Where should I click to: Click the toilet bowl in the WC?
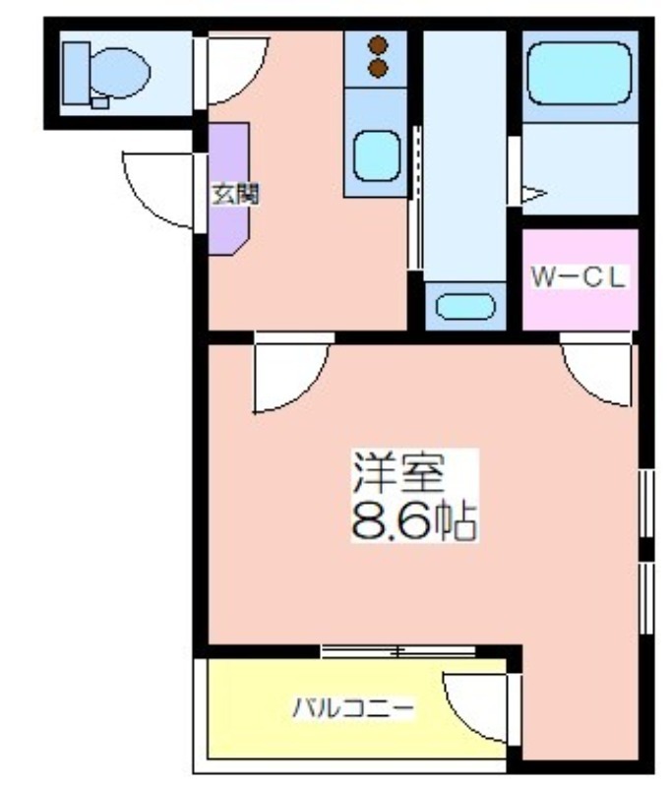point(120,73)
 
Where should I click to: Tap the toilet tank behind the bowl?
point(77,73)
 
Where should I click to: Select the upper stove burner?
point(378,45)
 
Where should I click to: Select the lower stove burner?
point(378,68)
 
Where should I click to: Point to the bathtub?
point(579,73)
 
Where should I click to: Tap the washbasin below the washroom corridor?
point(465,306)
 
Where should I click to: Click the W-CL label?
point(579,277)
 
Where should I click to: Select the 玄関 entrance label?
point(235,194)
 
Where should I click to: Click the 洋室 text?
point(399,473)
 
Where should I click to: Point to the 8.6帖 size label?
point(413,520)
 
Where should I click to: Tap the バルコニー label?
point(353,708)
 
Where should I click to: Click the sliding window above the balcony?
point(398,651)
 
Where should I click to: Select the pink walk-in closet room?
point(580,280)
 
